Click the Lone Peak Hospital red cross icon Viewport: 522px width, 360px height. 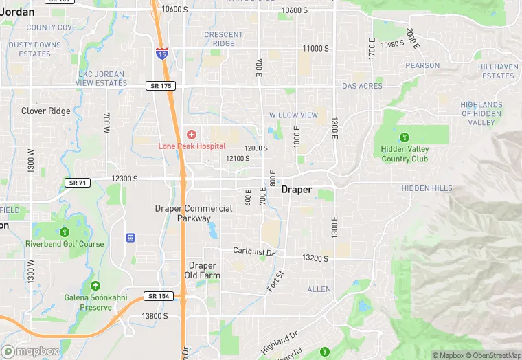(x=191, y=133)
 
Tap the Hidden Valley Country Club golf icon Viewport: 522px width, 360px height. (x=405, y=136)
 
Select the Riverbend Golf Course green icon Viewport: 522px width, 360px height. (x=65, y=232)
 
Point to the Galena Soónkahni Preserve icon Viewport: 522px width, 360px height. (x=95, y=286)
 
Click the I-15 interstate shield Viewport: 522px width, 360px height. (x=161, y=53)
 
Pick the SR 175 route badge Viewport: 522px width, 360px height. (x=161, y=86)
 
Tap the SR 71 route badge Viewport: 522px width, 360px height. (x=77, y=182)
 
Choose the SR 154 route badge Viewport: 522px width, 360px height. (x=159, y=296)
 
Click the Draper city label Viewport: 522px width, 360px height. (x=297, y=190)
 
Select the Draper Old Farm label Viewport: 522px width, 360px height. (x=202, y=270)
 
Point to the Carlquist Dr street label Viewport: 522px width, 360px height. (x=253, y=252)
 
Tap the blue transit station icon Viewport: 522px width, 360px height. (x=130, y=238)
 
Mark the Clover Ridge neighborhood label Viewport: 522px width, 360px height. (x=45, y=111)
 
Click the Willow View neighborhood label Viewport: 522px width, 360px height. (x=293, y=115)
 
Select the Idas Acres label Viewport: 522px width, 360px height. (x=361, y=86)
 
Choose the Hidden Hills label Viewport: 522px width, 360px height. (x=427, y=188)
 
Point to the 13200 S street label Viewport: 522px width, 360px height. (x=315, y=258)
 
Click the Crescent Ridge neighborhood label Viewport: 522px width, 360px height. (x=223, y=39)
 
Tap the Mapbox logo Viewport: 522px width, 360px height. (x=31, y=350)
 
